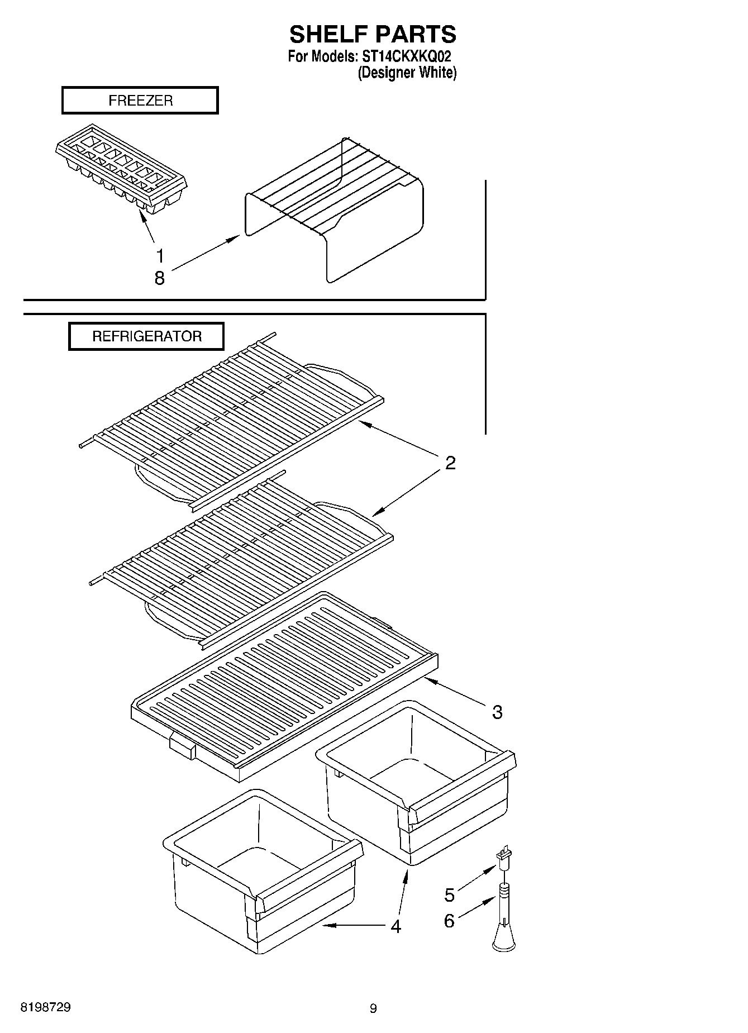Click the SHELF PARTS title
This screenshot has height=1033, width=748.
pyautogui.click(x=373, y=35)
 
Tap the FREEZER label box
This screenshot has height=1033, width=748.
pyautogui.click(x=140, y=101)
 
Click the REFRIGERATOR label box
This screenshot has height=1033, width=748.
pyautogui.click(x=146, y=336)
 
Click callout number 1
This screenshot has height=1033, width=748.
pyautogui.click(x=160, y=256)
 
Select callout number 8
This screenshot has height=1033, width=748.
pyautogui.click(x=160, y=278)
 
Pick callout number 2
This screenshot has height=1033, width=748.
pyautogui.click(x=450, y=463)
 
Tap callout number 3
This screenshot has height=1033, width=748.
pyautogui.click(x=497, y=712)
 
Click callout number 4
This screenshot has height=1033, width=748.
pyautogui.click(x=396, y=926)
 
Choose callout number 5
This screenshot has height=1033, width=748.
pyautogui.click(x=450, y=895)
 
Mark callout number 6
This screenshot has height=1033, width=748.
pyautogui.click(x=450, y=920)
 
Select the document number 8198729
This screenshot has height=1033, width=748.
pyautogui.click(x=46, y=1007)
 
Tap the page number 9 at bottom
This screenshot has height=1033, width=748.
pyautogui.click(x=373, y=1008)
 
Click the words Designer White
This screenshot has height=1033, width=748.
pyautogui.click(x=407, y=73)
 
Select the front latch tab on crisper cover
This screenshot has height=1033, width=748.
pyautogui.click(x=182, y=746)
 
